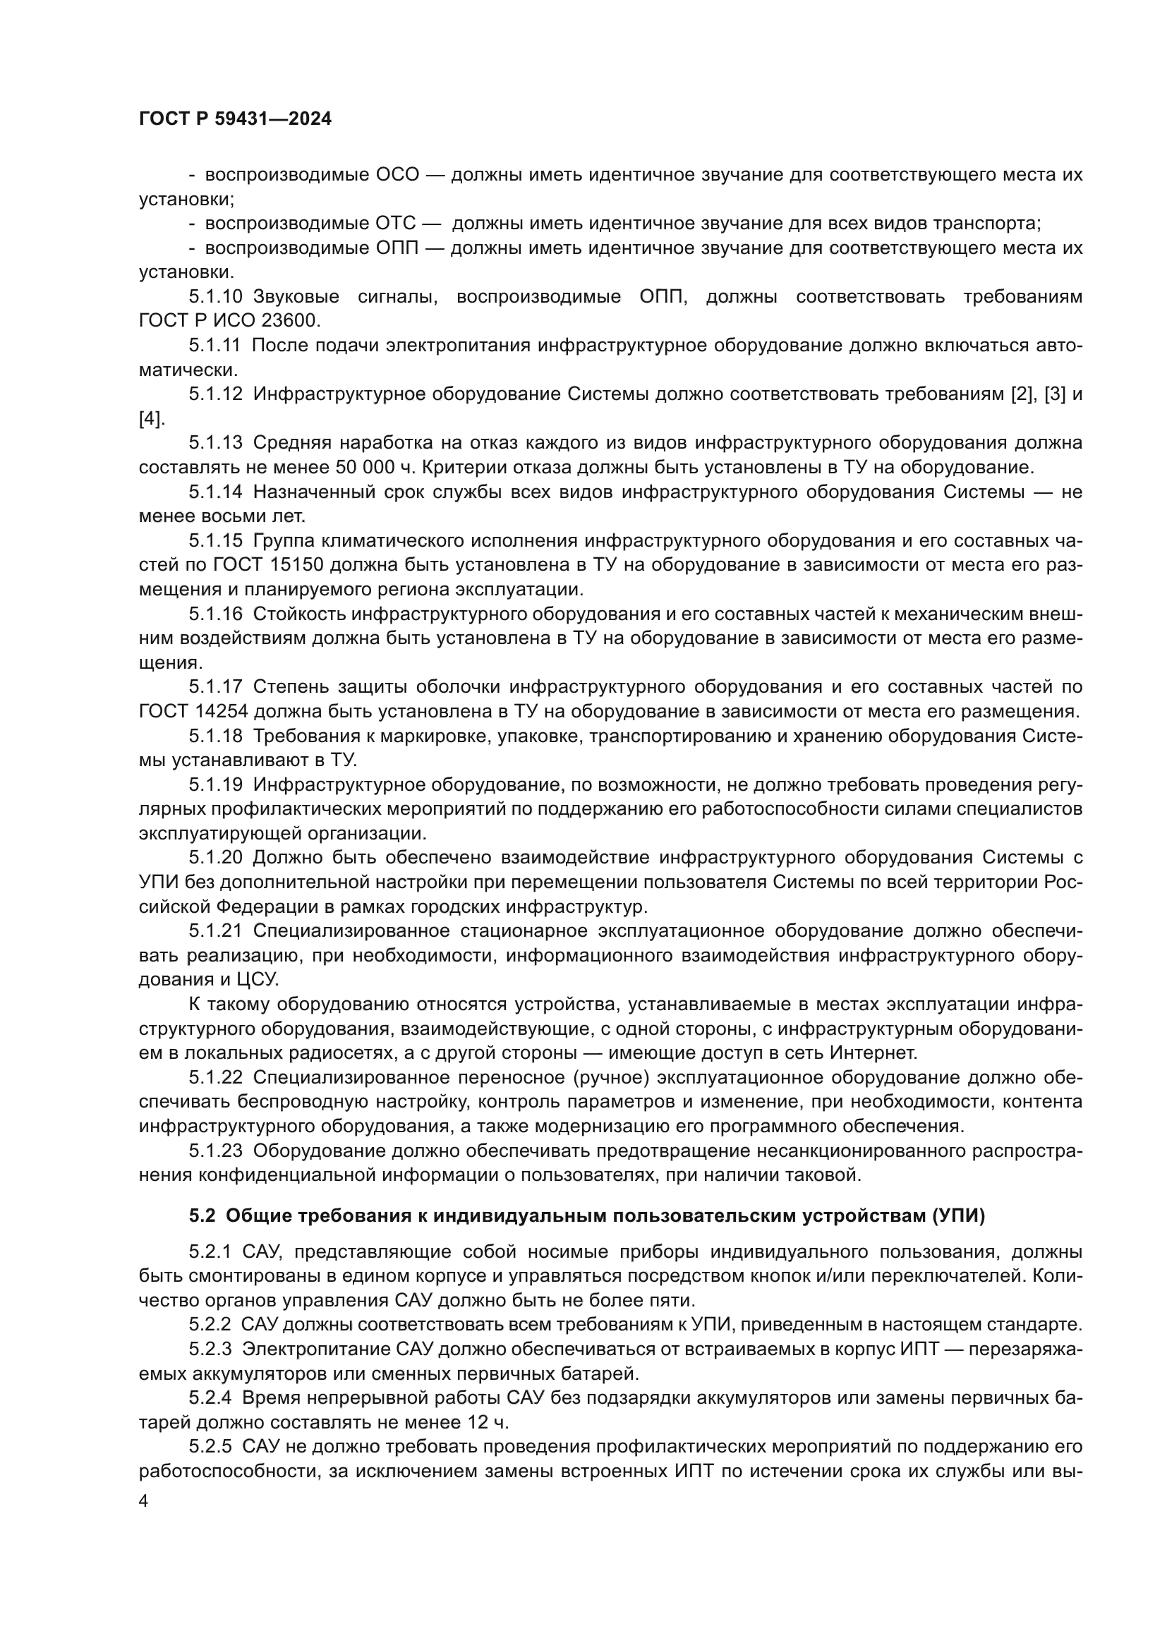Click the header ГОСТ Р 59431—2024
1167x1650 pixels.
[235, 119]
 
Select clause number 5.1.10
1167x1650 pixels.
[217, 297]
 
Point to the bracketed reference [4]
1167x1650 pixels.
[151, 419]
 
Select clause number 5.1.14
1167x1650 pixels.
[217, 492]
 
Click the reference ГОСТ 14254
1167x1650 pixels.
[194, 712]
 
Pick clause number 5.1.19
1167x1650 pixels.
[217, 784]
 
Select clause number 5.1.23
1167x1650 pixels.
[217, 1151]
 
